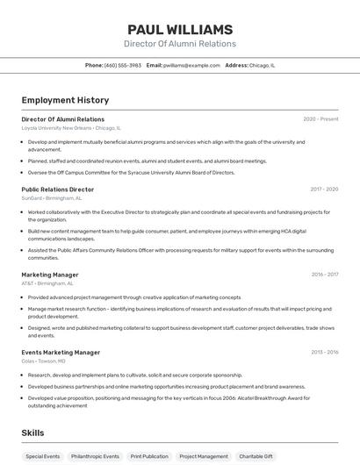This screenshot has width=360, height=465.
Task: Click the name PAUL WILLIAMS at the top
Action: pos(180,29)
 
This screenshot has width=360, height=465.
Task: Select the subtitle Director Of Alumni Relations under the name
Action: pos(180,44)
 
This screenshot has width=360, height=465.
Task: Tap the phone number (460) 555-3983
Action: pos(122,65)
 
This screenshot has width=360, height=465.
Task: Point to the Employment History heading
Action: pos(65,100)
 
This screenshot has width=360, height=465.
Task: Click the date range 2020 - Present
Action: pos(320,119)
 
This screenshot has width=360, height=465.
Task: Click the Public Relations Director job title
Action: pos(57,190)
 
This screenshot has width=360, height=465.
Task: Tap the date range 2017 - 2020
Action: pos(324,190)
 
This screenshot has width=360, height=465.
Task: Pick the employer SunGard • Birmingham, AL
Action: pos(52,197)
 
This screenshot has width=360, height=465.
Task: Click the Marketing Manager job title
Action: pos(49,275)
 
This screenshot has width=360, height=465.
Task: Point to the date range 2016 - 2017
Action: pos(325,275)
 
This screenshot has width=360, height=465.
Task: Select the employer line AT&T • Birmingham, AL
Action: pos(47,283)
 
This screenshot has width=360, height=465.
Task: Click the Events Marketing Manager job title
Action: pos(61,353)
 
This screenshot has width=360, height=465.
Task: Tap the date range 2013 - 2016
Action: pos(325,353)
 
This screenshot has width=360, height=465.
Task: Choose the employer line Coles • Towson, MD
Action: pos(43,361)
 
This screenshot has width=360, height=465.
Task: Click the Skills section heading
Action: pos(33,433)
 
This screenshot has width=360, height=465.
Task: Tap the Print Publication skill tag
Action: pos(149,456)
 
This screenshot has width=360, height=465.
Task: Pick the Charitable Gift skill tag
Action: pos(256,456)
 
